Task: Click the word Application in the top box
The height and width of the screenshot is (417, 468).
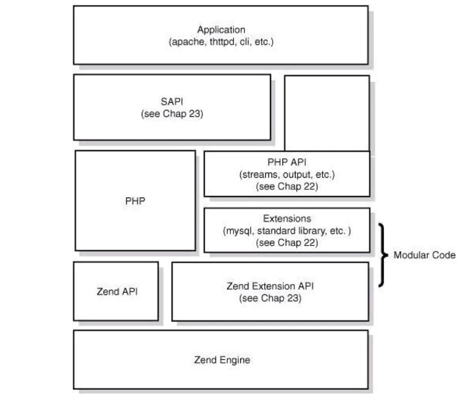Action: pyautogui.click(x=221, y=30)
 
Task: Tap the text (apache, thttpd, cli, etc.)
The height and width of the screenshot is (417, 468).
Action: pyautogui.click(x=221, y=42)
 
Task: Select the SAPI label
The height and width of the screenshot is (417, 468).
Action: pyautogui.click(x=171, y=103)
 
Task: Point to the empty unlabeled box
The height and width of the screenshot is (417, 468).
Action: pyautogui.click(x=327, y=112)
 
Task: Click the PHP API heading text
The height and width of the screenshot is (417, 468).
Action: pyautogui.click(x=287, y=163)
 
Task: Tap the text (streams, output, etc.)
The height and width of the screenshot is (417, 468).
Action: pyautogui.click(x=287, y=174)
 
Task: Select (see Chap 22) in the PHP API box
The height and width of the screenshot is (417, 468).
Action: pyautogui.click(x=287, y=186)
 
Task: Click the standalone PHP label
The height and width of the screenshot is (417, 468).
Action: pyautogui.click(x=135, y=201)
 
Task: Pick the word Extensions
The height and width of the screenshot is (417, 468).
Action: pyautogui.click(x=287, y=219)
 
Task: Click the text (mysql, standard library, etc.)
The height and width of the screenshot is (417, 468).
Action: pyautogui.click(x=287, y=230)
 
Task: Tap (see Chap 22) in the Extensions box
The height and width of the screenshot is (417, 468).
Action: pyautogui.click(x=287, y=242)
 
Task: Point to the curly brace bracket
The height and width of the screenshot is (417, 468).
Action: pyautogui.click(x=383, y=255)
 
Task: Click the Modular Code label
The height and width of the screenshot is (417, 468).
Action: pyautogui.click(x=424, y=255)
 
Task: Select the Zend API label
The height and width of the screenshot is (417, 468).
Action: pyautogui.click(x=116, y=291)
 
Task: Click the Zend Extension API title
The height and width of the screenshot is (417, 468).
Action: pyautogui.click(x=270, y=286)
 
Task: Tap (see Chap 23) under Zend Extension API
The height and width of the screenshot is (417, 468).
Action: pyautogui.click(x=270, y=299)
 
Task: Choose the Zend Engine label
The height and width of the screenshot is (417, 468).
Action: pyautogui.click(x=222, y=360)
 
